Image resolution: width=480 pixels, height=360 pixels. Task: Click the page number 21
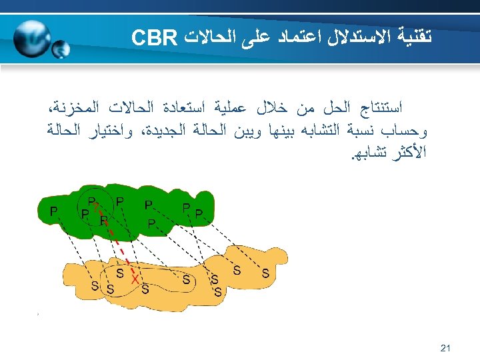pyautogui.click(x=446, y=348)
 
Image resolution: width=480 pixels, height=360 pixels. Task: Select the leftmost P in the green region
pyautogui.click(x=54, y=211)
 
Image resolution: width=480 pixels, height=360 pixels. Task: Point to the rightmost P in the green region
pyautogui.click(x=199, y=213)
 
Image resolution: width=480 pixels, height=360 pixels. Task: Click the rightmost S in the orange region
pyautogui.click(x=265, y=273)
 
